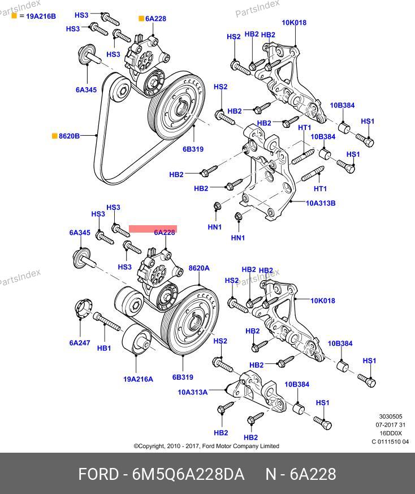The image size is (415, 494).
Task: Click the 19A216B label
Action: pos(37,16)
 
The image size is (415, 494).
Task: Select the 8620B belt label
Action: pos(69,136)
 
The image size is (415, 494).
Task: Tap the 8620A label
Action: pos(198,268)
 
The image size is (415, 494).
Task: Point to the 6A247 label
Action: pos(80,342)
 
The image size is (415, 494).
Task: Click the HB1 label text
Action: pos(104,348)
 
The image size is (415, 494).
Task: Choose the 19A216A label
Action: pos(139,379)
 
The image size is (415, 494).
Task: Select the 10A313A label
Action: pos(192,392)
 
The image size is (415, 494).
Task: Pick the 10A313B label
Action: pos(321,202)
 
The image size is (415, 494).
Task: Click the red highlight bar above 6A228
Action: pos(153,229)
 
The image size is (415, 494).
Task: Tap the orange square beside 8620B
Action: pos(55,136)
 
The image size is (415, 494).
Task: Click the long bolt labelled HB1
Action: pos(107,322)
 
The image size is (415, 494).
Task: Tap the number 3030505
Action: pos(391,416)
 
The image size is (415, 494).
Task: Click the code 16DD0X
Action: pos(391,433)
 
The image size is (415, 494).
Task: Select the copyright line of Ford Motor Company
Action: pos(206,446)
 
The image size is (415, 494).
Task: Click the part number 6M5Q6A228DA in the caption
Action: pos(188,474)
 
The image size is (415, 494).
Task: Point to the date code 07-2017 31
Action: pos(391,425)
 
